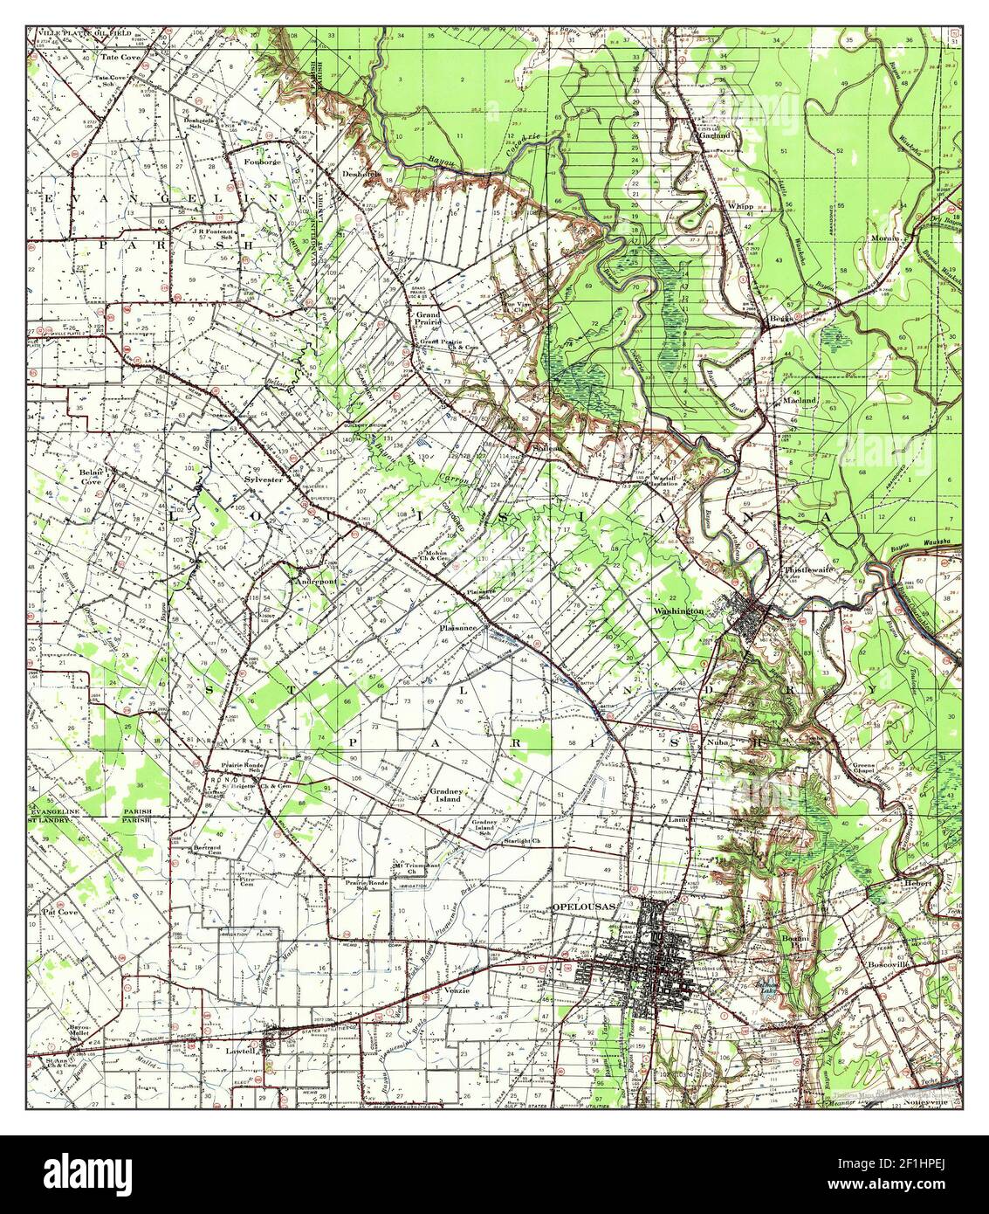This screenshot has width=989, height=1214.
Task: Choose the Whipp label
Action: [738, 206]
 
